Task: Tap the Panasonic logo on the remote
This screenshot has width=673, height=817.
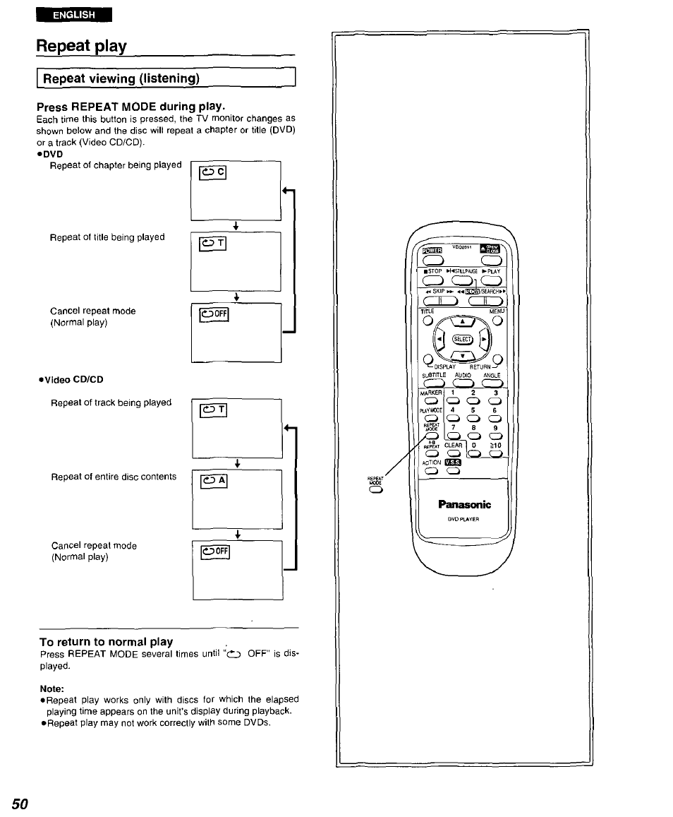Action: pyautogui.click(x=463, y=504)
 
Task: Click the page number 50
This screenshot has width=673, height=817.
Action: pyautogui.click(x=20, y=804)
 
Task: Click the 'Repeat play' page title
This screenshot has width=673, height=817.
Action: pyautogui.click(x=82, y=47)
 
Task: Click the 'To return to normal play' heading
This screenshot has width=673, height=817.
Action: pyautogui.click(x=106, y=641)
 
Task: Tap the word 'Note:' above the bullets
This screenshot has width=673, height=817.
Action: pyautogui.click(x=52, y=688)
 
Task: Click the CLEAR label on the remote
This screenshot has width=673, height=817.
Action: pyautogui.click(x=454, y=446)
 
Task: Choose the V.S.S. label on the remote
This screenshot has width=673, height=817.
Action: pyautogui.click(x=453, y=463)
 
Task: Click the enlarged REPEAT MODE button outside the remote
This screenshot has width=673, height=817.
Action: pyautogui.click(x=375, y=494)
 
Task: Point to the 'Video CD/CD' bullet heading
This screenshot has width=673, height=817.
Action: pyautogui.click(x=73, y=379)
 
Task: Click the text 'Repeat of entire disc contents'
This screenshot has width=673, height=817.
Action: pyautogui.click(x=114, y=477)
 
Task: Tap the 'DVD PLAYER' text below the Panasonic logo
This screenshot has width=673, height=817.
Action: pyautogui.click(x=463, y=519)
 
